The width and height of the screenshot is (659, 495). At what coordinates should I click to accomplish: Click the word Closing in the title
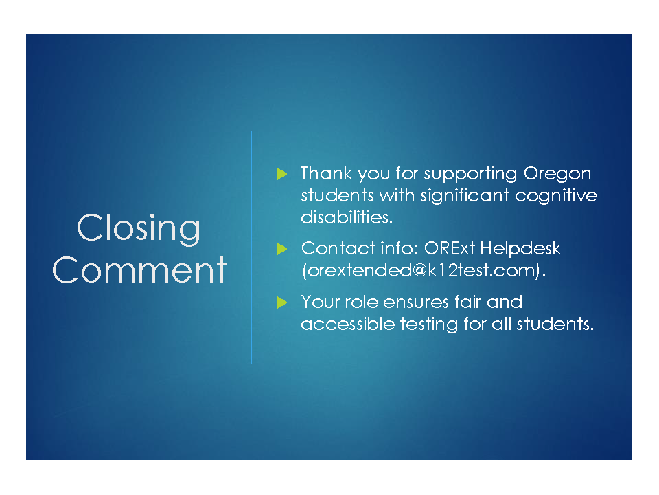click(138, 229)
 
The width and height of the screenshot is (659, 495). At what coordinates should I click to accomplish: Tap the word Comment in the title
click(139, 269)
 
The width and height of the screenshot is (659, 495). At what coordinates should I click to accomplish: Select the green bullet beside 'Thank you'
click(282, 174)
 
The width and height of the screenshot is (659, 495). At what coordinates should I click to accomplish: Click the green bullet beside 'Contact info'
click(282, 249)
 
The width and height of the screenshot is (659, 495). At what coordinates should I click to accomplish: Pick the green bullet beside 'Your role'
click(282, 302)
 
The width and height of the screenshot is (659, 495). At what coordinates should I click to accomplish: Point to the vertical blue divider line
click(251, 247)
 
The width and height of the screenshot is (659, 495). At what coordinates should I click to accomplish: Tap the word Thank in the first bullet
click(326, 173)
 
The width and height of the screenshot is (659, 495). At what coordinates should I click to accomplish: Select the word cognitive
click(556, 197)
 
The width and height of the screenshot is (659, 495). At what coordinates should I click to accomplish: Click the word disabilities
click(347, 217)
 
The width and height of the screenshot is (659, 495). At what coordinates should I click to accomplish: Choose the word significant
click(465, 197)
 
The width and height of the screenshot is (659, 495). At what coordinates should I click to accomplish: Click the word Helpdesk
click(520, 249)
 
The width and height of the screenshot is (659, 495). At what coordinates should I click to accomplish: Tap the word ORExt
click(449, 248)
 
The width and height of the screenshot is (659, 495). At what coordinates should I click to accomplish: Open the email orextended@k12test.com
click(424, 271)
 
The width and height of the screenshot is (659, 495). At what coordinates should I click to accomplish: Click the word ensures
click(416, 302)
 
